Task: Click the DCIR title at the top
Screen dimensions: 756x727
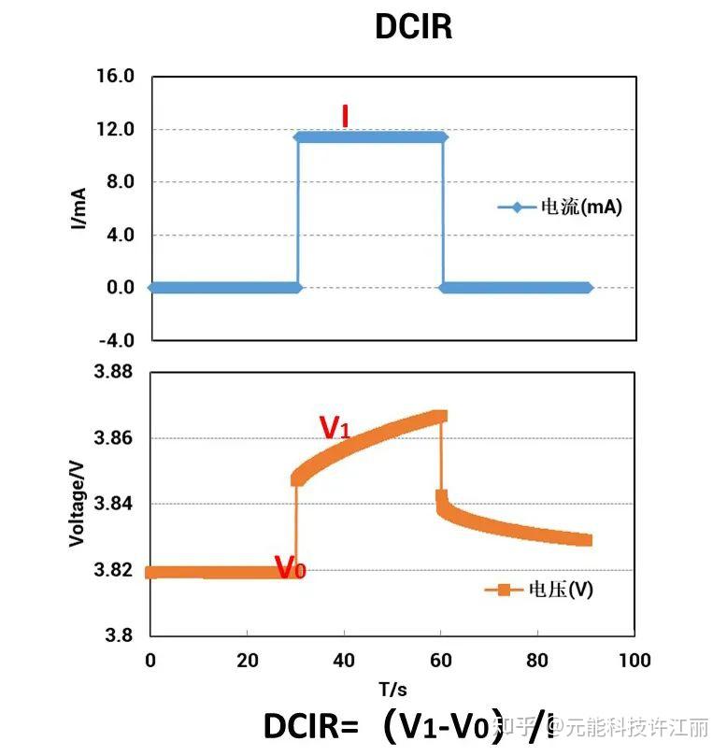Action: tap(413, 26)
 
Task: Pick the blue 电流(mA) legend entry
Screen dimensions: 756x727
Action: tap(560, 207)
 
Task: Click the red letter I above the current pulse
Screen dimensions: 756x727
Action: tap(345, 115)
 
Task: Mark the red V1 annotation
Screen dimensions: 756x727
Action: tap(335, 427)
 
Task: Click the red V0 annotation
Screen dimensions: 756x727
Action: tap(289, 566)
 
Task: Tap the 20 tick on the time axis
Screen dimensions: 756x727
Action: tap(247, 661)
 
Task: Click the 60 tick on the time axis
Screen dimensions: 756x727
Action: tap(440, 661)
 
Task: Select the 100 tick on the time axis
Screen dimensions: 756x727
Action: tap(634, 661)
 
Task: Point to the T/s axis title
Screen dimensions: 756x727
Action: tap(392, 690)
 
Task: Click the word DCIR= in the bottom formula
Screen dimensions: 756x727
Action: tap(311, 726)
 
